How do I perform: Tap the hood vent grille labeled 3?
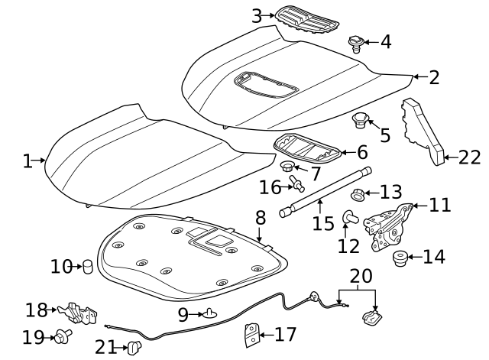(x=307, y=18)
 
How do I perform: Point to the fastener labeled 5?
(x=360, y=121)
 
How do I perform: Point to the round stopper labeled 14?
(x=399, y=258)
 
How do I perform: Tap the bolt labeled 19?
(x=63, y=334)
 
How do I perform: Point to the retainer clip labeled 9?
(x=212, y=313)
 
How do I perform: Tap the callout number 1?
(x=28, y=161)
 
